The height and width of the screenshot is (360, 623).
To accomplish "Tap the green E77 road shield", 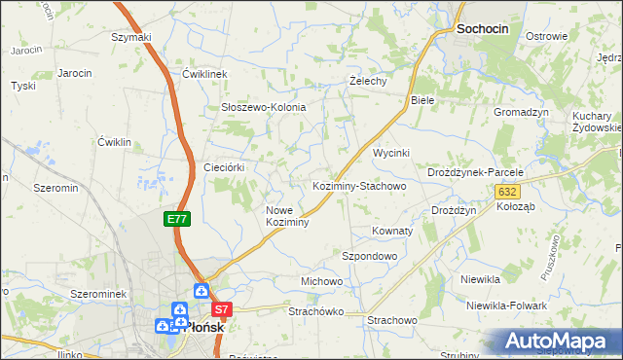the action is [x=176, y=220].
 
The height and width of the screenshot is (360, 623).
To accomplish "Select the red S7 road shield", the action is [x=223, y=310].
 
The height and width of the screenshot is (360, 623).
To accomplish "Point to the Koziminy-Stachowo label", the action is [x=358, y=185].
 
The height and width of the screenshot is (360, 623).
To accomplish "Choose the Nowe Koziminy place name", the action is [x=287, y=216].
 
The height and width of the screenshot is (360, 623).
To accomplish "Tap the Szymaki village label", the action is [x=131, y=37].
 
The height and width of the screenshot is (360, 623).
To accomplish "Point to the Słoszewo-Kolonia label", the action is [x=264, y=107].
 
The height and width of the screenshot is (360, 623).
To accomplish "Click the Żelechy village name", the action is [x=369, y=82].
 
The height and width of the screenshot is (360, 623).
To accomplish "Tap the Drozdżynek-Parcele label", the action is [x=476, y=172].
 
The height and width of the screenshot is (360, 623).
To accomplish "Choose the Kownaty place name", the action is [x=393, y=232].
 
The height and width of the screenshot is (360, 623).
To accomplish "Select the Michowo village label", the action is [x=322, y=281].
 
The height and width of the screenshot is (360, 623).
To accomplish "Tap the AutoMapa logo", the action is [x=561, y=342].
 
